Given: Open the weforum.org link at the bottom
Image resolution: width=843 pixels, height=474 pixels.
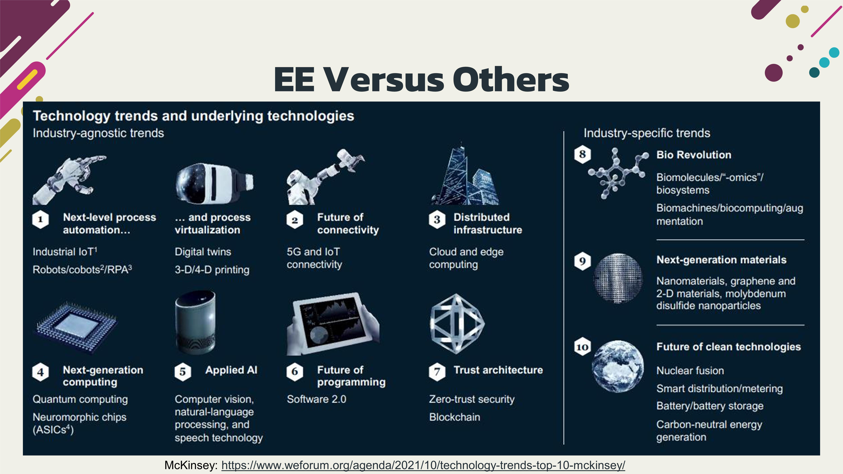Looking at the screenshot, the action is point(423,465).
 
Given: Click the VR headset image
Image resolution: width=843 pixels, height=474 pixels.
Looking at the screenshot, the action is point(214,182).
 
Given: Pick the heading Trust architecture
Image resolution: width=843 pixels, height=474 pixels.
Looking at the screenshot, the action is point(498,370).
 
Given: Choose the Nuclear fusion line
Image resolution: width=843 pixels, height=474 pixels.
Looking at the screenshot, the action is point(690,371).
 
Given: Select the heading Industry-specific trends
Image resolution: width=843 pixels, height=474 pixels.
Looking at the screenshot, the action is point(647,133).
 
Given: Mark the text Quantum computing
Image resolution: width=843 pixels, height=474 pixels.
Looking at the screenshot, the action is point(80,399).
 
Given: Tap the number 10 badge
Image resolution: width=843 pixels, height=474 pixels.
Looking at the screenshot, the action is point(582,347).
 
